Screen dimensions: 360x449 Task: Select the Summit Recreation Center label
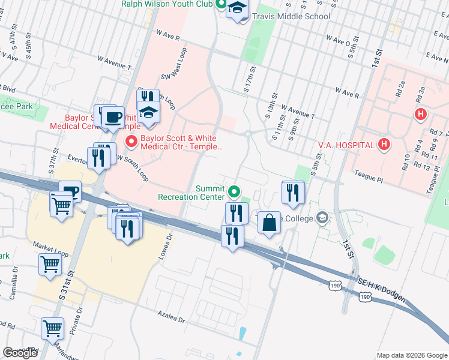click(x=191, y=192)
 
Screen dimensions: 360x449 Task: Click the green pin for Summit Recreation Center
click(x=234, y=193)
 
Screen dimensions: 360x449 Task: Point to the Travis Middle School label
click(x=291, y=17)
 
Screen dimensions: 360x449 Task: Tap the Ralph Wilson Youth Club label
click(x=167, y=4)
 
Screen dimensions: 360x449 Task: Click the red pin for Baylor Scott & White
click(x=130, y=142)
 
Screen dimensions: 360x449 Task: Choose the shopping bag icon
click(x=270, y=223)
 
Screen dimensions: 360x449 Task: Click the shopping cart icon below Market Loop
click(x=50, y=264)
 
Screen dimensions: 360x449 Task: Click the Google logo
click(x=20, y=353)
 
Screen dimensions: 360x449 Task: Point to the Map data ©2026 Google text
click(x=412, y=355)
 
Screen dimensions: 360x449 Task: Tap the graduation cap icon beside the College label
click(x=323, y=218)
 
